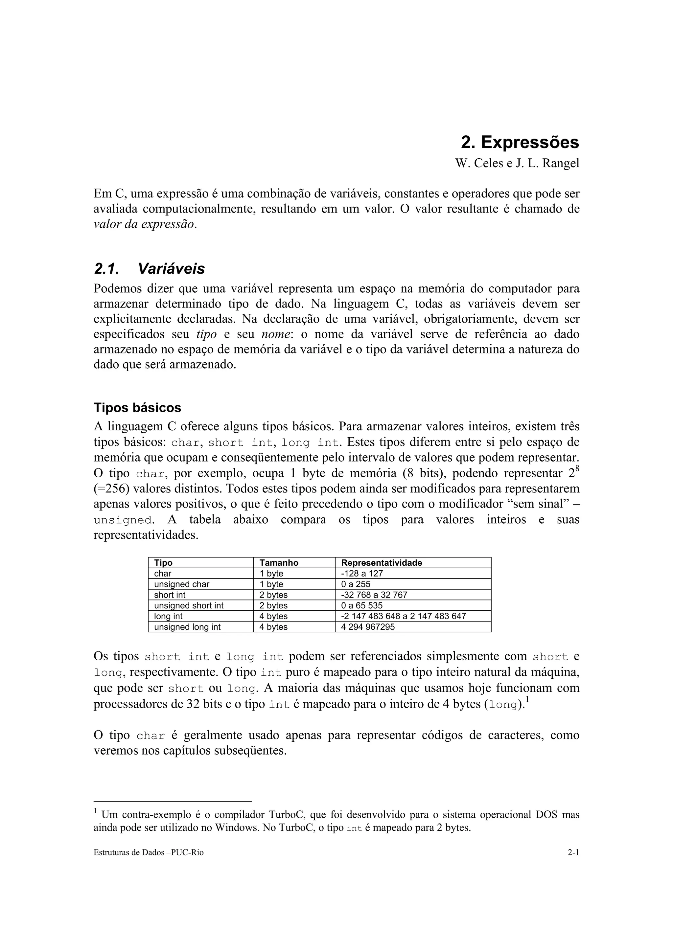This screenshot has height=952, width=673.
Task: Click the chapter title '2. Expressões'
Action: (520, 143)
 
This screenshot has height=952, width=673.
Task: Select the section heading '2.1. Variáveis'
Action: (149, 269)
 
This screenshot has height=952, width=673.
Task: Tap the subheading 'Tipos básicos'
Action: (137, 408)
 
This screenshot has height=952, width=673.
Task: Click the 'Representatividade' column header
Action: (381, 563)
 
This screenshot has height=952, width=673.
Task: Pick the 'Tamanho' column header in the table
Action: (279, 563)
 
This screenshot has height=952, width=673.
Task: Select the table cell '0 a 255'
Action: (355, 584)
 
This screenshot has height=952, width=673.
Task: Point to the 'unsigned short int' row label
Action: (189, 606)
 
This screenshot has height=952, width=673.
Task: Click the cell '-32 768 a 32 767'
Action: (374, 595)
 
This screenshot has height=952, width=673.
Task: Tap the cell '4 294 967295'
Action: (367, 627)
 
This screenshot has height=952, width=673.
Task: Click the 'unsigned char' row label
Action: (182, 584)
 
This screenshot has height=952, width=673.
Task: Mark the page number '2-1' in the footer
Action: (573, 853)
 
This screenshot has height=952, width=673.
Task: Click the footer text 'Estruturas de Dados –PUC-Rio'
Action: (149, 853)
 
